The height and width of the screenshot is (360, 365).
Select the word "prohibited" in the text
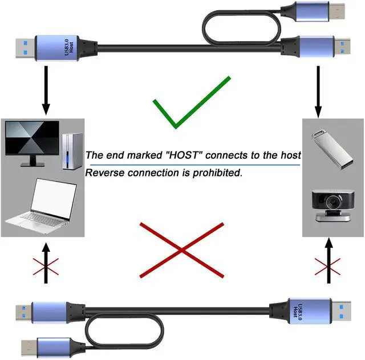point(213,173)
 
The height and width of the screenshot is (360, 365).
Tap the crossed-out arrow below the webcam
point(327,263)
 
